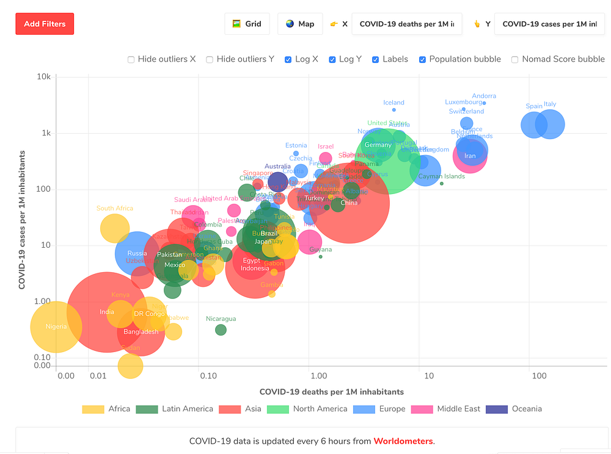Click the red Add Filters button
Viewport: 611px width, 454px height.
[45, 24]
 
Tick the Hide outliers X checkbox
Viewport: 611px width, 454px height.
[131, 59]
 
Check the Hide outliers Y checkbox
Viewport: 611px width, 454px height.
[210, 59]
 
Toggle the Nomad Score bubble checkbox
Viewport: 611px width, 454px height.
[515, 59]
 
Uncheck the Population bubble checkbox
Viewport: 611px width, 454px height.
[422, 59]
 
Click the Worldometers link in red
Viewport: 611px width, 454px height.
[403, 441]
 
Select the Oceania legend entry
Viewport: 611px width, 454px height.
[514, 409]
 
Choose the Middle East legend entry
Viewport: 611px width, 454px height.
[446, 409]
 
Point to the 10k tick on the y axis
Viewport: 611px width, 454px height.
[42, 76]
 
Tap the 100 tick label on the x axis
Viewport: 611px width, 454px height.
[539, 376]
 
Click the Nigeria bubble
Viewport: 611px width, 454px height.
[56, 327]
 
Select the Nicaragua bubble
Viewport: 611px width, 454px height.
[221, 330]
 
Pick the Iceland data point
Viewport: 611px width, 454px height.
[394, 110]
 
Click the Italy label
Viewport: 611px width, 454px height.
[550, 104]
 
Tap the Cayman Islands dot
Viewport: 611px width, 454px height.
[442, 184]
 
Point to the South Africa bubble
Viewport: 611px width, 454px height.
[114, 229]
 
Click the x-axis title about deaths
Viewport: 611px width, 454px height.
[331, 392]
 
